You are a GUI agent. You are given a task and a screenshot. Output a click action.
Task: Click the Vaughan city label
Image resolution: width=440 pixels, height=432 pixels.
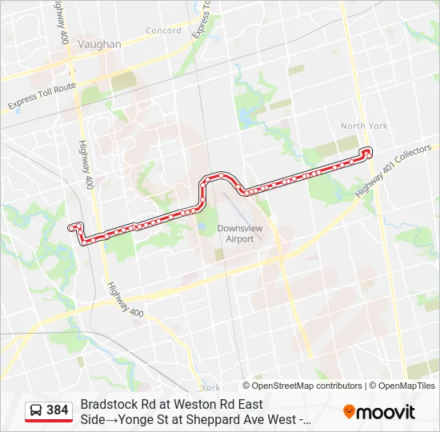(x=101, y=45)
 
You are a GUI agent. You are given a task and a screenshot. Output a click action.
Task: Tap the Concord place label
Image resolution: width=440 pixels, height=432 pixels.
(x=163, y=31)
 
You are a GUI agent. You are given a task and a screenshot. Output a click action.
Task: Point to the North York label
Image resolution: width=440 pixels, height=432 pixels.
(x=364, y=126)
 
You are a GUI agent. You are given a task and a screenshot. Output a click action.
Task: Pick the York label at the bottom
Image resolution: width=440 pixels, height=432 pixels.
(x=211, y=387)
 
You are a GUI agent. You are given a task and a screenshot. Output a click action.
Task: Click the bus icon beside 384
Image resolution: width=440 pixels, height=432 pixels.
(x=36, y=410)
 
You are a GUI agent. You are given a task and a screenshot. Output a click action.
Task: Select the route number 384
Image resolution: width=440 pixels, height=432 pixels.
(x=58, y=410)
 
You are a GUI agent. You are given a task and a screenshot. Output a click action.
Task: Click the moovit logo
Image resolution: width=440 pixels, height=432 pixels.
(x=379, y=412)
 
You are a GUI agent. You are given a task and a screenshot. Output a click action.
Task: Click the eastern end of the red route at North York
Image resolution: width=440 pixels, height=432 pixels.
(x=367, y=150)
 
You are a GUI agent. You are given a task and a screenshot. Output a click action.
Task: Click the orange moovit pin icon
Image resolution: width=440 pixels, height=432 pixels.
(x=349, y=412)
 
